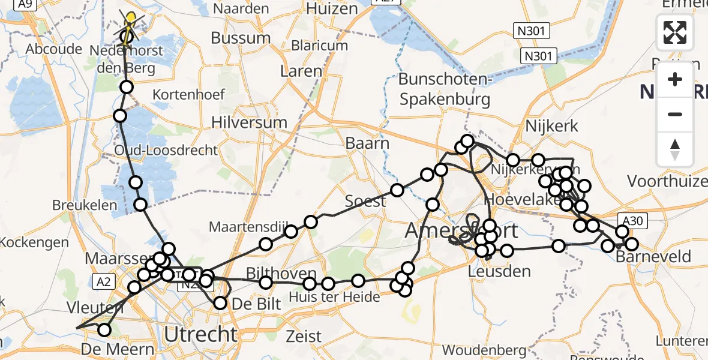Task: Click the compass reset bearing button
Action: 675,149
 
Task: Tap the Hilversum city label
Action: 249,122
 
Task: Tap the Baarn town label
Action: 367,143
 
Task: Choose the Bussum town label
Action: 242,37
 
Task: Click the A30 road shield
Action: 632,221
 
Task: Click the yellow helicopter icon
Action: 130,19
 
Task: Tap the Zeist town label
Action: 304,336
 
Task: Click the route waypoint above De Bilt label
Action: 220,303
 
